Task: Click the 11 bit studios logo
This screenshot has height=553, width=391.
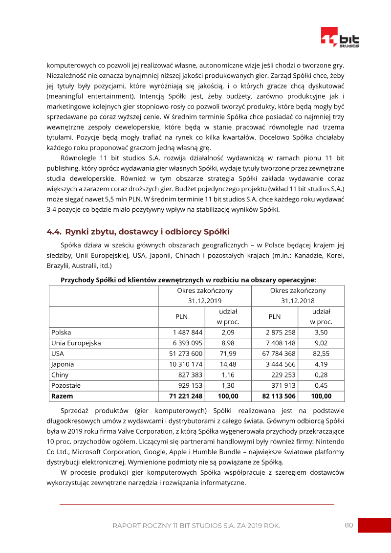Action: coord(340,38)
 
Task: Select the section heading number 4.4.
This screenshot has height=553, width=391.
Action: coord(54,232)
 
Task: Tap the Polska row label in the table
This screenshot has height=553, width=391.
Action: coord(61,332)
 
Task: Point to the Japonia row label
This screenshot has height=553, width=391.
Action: coord(63,364)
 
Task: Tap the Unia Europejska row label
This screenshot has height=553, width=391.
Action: coord(76,343)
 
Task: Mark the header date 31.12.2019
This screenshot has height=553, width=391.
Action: coord(205,301)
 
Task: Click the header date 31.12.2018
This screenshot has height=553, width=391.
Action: coord(298,301)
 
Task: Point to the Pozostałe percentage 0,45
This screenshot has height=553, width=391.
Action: coord(321,385)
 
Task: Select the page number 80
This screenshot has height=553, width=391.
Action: coord(348,525)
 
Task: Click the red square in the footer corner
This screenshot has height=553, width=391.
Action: coord(374,525)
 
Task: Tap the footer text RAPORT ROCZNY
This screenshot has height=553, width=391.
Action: coord(196,526)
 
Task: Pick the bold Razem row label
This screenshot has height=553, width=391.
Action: coord(62,396)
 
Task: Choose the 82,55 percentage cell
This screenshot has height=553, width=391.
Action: coord(321,354)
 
